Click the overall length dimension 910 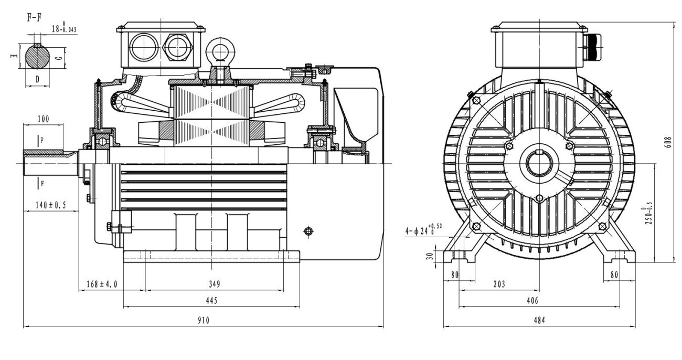(204, 320)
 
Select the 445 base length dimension (211, 300)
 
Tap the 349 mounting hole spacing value (214, 284)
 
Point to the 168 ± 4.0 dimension (102, 284)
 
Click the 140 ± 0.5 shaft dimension (50, 205)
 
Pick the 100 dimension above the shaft (43, 119)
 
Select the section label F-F (35, 17)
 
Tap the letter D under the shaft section (37, 79)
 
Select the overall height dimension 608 (668, 143)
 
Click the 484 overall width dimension (539, 320)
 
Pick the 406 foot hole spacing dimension (539, 300)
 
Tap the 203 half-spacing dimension (499, 284)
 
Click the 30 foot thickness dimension (429, 257)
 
